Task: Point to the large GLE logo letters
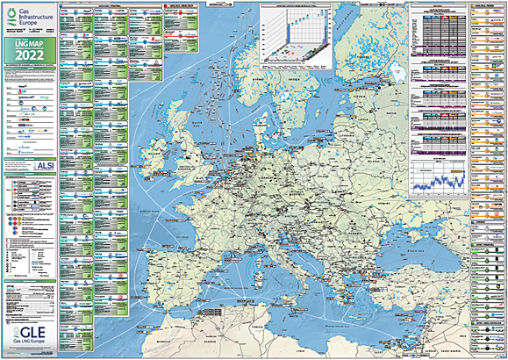tap(30, 333)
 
